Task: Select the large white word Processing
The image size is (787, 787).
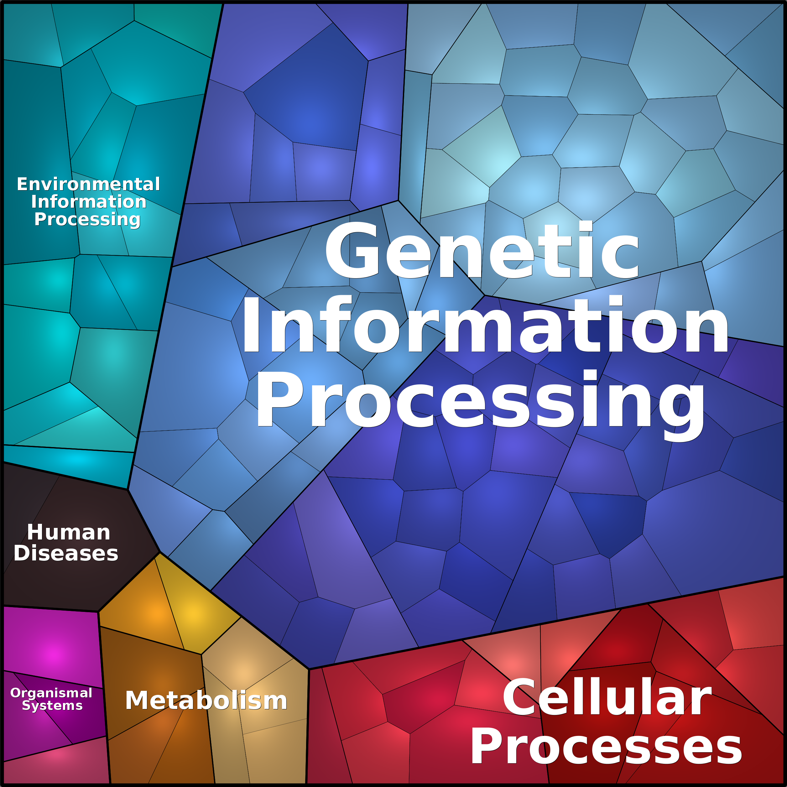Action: (x=481, y=401)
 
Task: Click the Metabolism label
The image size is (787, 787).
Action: (x=206, y=700)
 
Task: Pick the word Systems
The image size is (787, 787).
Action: (x=52, y=705)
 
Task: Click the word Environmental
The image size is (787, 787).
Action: (x=88, y=184)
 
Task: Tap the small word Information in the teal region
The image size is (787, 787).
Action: (x=88, y=202)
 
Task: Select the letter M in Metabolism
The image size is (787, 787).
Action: (x=137, y=700)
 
